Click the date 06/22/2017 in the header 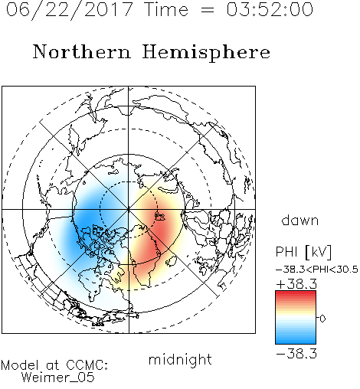click(x=70, y=10)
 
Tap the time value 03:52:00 click(x=270, y=9)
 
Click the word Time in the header click(x=166, y=9)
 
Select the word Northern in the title click(x=82, y=51)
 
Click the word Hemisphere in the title click(x=206, y=53)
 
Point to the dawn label click(x=300, y=221)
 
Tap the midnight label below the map click(x=180, y=359)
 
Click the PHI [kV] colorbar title click(x=303, y=252)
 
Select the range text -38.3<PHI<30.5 click(x=317, y=270)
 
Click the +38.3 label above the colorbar click(x=296, y=284)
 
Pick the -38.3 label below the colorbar click(x=296, y=354)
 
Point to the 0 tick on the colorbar click(x=322, y=319)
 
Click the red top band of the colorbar click(x=296, y=294)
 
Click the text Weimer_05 click(x=57, y=377)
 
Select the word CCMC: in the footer click(x=87, y=365)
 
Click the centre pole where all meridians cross click(x=129, y=210)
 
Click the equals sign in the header click(x=208, y=10)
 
